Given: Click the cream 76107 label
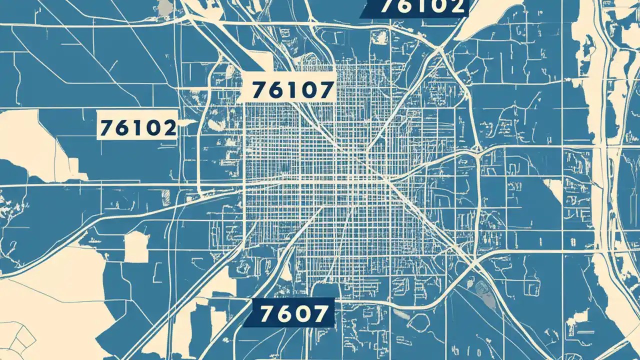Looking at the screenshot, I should coord(292,90).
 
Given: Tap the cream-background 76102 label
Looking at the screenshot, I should coord(138,128).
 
